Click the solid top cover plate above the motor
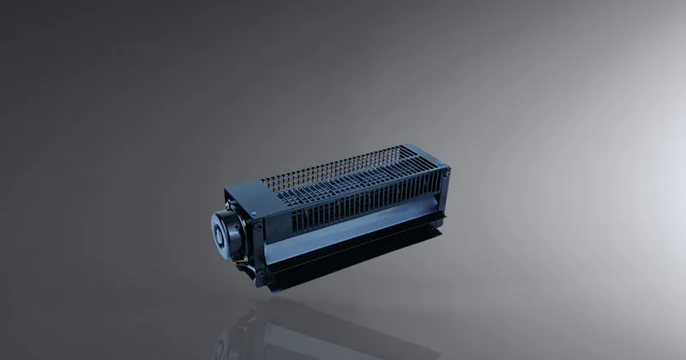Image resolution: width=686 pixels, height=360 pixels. tap(244, 190)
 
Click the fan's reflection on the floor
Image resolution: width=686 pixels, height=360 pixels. tap(326, 330)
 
